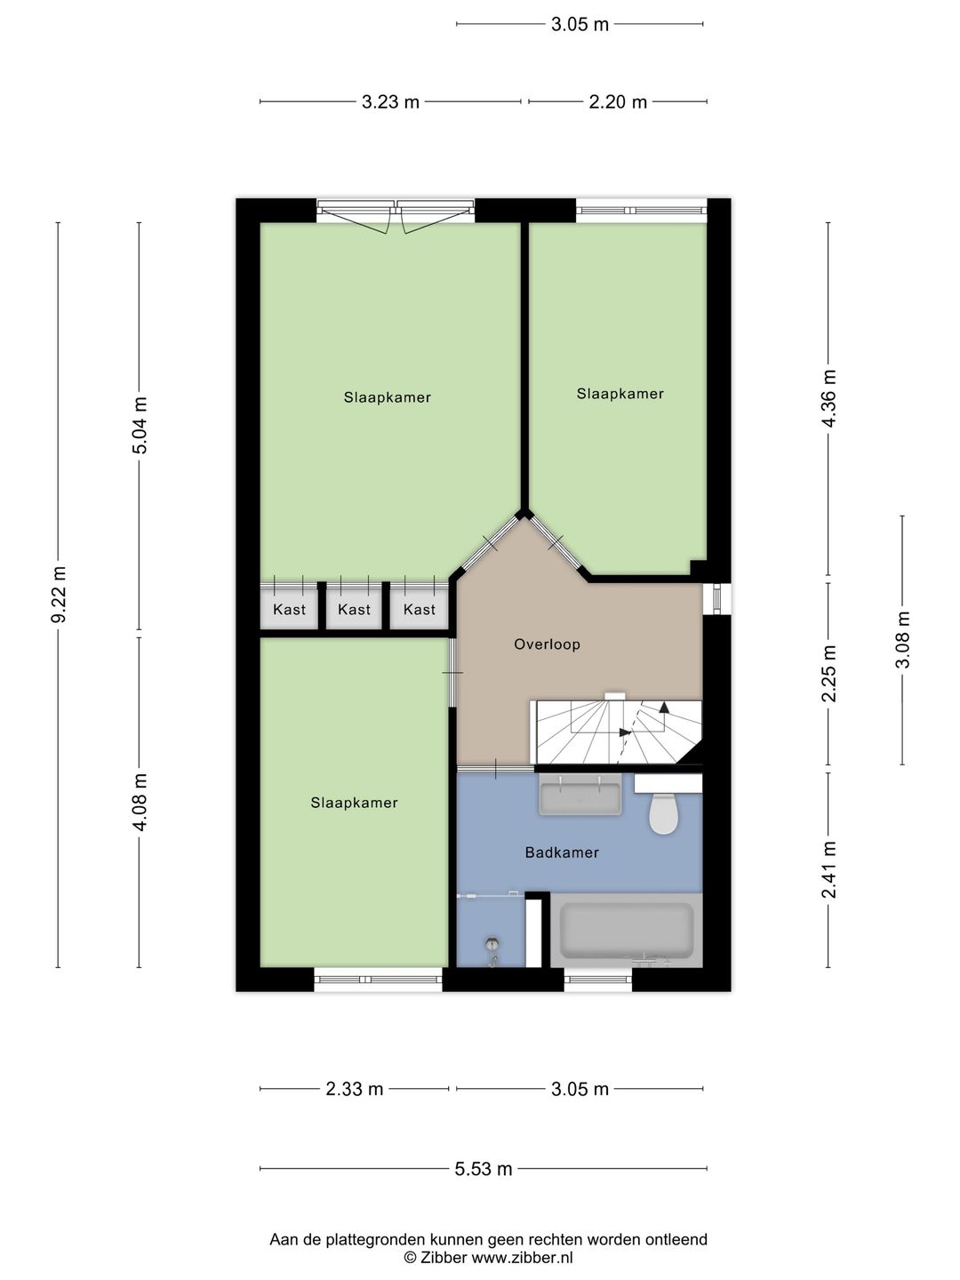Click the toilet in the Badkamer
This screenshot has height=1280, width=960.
coord(664,811)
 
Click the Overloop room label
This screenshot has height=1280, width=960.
coord(547,644)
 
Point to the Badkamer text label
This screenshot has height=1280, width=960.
coord(562,852)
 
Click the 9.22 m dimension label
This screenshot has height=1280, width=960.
coord(59,595)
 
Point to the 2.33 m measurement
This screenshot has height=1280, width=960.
coord(355,1089)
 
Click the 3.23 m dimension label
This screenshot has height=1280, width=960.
coord(390,102)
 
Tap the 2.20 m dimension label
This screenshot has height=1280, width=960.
coord(618,102)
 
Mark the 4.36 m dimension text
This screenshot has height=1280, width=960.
coord(828,398)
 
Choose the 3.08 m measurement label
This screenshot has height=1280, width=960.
coord(902,640)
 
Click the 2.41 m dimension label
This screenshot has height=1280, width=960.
coord(828,870)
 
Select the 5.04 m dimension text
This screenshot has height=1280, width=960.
coord(140,425)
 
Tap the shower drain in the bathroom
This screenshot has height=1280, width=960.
coord(493,941)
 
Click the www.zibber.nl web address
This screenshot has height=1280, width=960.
coord(522,1258)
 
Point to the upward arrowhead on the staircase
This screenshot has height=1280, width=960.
coord(664,708)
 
